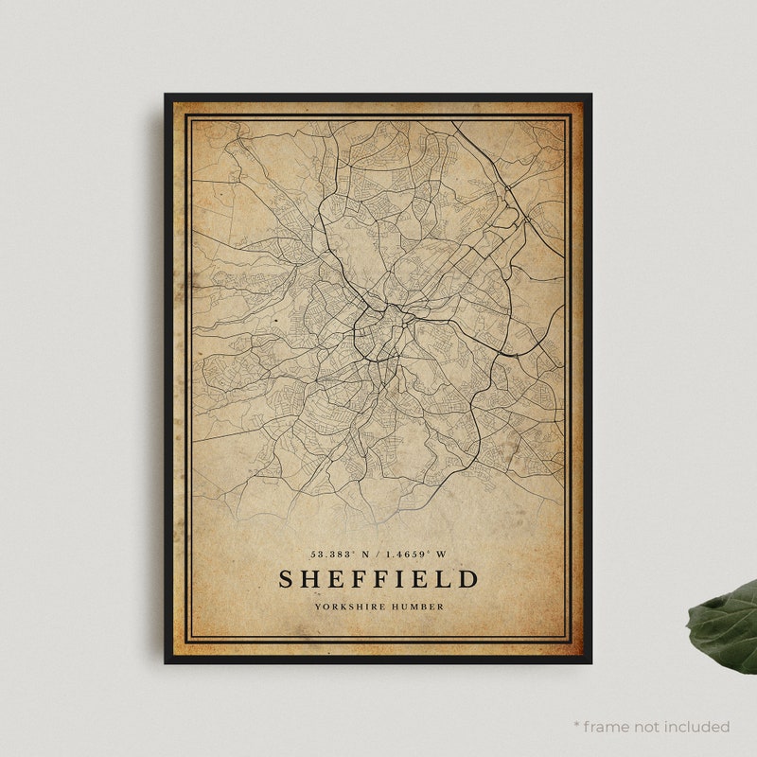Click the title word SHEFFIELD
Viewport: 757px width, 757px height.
(x=378, y=578)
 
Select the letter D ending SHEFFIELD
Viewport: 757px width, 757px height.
(x=468, y=578)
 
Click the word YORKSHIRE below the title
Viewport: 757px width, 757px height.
(x=352, y=607)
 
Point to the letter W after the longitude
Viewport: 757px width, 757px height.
(x=442, y=555)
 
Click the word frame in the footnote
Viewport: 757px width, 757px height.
(x=611, y=727)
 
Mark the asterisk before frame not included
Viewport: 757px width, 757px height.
(x=576, y=725)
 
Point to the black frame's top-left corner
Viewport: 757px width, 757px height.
(x=167, y=96)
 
